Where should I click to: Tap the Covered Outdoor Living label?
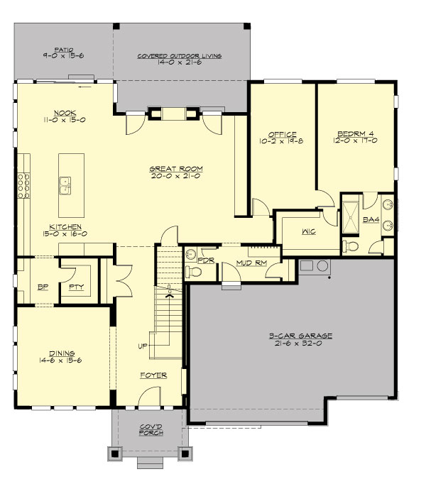point(180,55)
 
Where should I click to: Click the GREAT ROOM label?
point(176,169)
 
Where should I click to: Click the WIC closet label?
point(308,231)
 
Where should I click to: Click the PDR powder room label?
point(205,260)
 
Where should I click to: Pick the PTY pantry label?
point(75,288)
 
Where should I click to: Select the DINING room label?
point(62,352)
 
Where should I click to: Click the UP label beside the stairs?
point(143,347)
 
